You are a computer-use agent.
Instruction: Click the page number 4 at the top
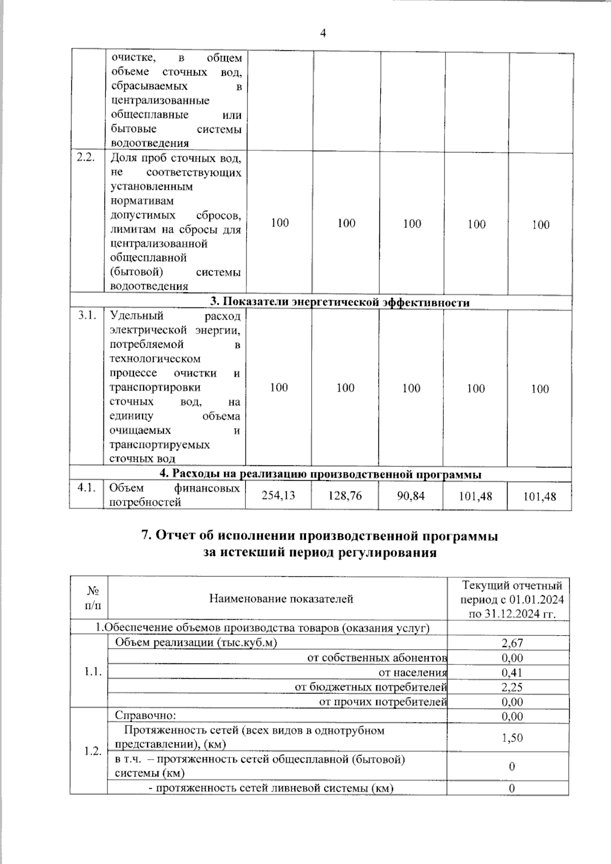tap(322, 34)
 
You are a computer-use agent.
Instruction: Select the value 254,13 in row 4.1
tap(278, 495)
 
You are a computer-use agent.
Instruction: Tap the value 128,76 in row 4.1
tap(345, 495)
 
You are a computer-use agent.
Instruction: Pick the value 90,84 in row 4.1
tap(411, 495)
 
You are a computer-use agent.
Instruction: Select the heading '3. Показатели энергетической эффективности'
tap(340, 302)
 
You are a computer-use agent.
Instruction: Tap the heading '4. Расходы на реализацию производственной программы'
tap(321, 475)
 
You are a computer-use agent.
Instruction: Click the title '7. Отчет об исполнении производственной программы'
tap(319, 536)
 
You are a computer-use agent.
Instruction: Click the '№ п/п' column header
tap(93, 598)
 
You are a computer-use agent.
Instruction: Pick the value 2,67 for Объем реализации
tap(512, 643)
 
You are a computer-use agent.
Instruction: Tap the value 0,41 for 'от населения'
tap(512, 673)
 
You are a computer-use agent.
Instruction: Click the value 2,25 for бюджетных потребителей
tap(512, 687)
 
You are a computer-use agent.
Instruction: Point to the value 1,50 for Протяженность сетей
tap(512, 737)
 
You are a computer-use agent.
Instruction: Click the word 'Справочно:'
tap(145, 716)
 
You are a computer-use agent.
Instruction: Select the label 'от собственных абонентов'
tap(377, 658)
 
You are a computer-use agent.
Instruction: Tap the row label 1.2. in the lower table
tap(93, 751)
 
